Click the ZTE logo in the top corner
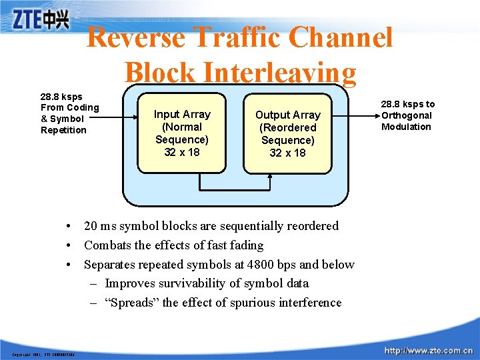[x=41, y=19]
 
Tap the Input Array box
[x=182, y=133]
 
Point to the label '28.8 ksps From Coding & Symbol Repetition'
[x=69, y=113]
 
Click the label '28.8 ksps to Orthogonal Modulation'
[x=407, y=115]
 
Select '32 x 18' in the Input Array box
[x=182, y=152]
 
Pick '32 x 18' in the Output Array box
[x=288, y=153]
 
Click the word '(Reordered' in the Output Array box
[x=288, y=127]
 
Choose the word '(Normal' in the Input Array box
[x=182, y=127]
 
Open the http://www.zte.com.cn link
[x=428, y=350]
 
